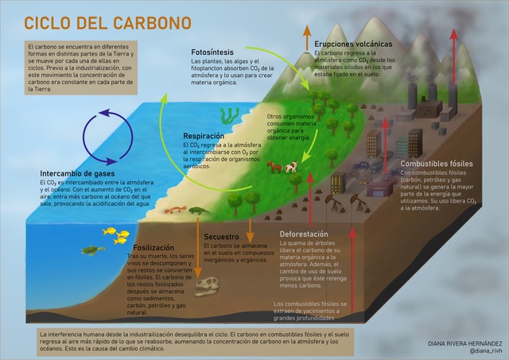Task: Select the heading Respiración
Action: [208, 136]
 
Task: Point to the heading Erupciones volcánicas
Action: [353, 44]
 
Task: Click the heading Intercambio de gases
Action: [78, 173]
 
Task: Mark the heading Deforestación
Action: [304, 234]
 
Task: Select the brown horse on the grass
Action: [274, 166]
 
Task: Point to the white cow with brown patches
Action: [292, 167]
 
